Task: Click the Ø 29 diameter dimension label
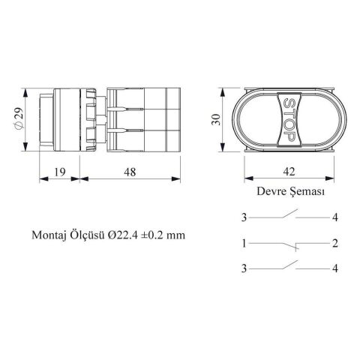tap(19, 118)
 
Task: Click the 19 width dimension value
tap(60, 172)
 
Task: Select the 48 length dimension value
tap(130, 172)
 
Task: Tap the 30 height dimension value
tap(216, 119)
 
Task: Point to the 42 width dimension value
tap(289, 172)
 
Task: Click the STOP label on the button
tap(289, 119)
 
